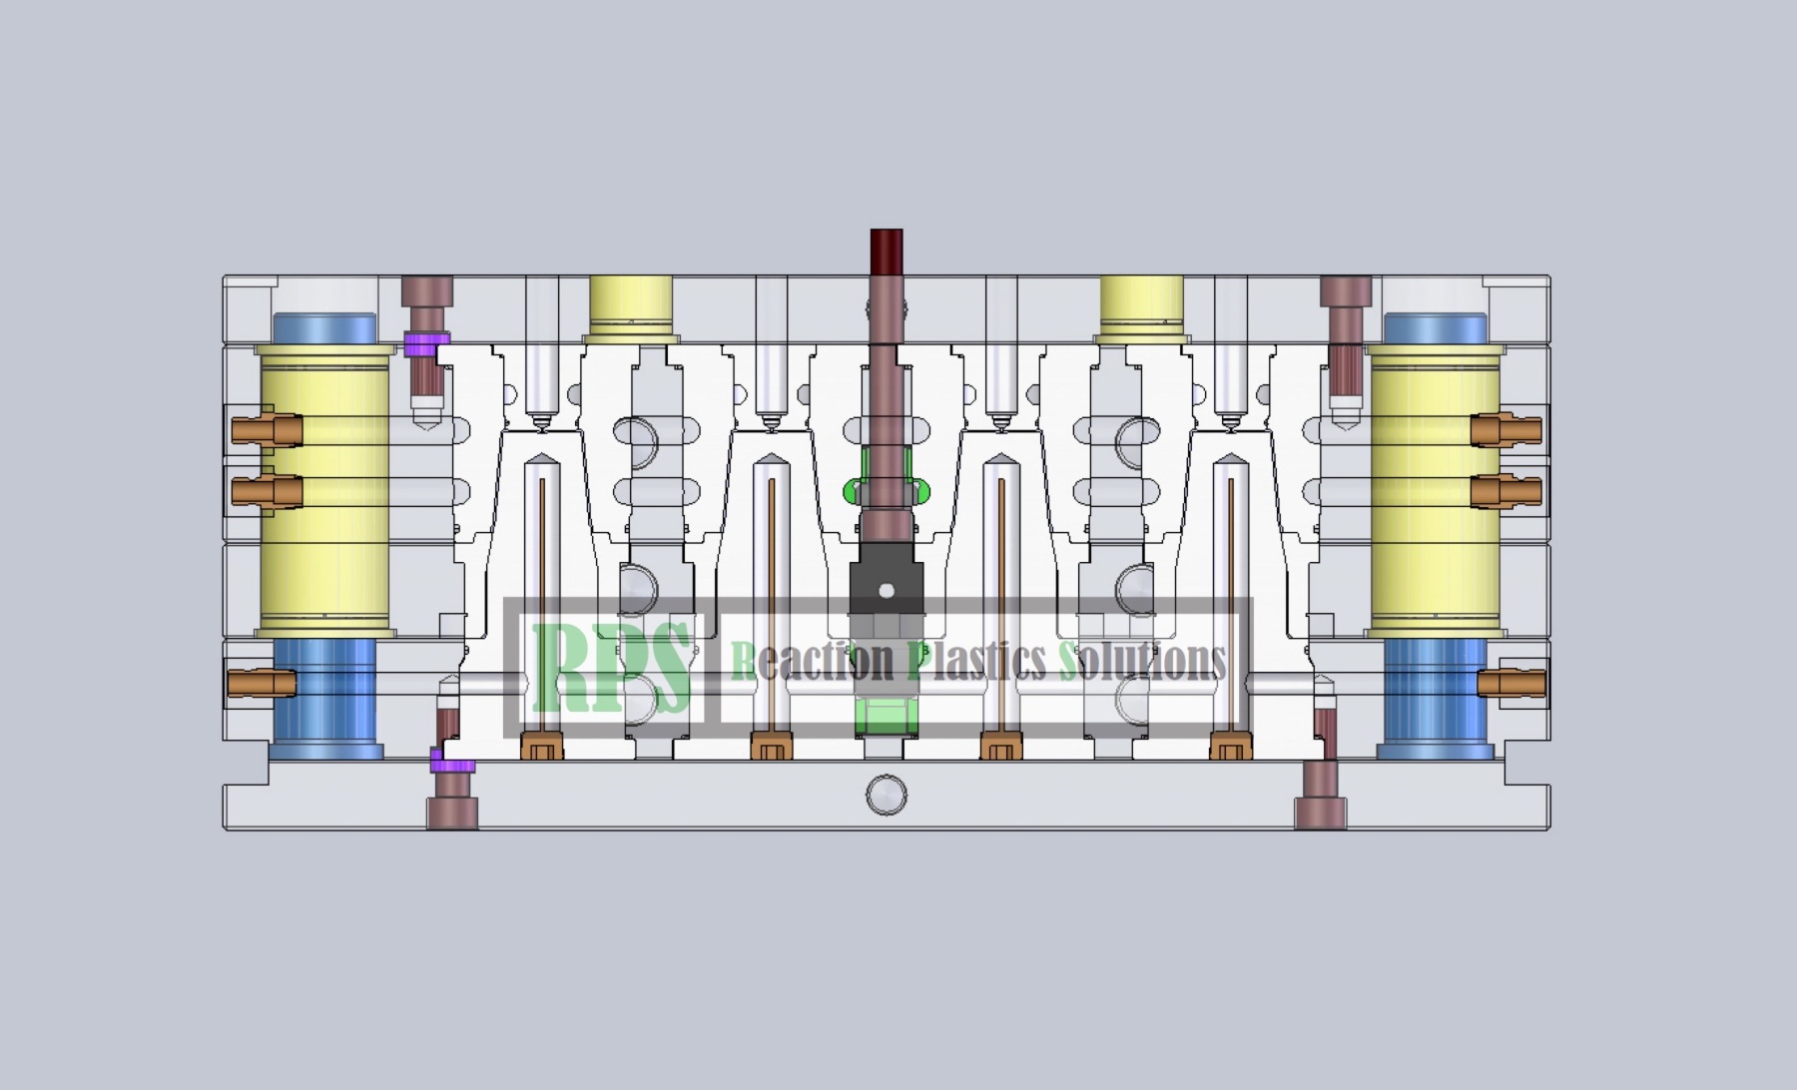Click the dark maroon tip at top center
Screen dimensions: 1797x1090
click(887, 252)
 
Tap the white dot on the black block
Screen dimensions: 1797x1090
click(886, 592)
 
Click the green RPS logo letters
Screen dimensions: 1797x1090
click(612, 666)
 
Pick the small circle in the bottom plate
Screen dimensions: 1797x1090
click(886, 796)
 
